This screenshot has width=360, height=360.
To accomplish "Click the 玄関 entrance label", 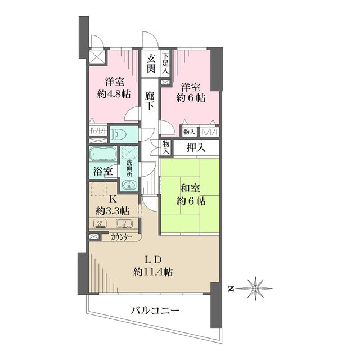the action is tap(151, 64).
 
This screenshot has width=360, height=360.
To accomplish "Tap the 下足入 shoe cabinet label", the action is tap(165, 64).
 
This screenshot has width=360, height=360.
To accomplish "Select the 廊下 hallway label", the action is tap(150, 101).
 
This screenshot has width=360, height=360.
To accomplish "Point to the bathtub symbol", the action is tap(103, 154).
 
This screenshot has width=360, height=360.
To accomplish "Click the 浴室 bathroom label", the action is tap(103, 171).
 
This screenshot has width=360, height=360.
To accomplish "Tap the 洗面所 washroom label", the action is tap(129, 168).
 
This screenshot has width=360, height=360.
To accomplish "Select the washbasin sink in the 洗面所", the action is tap(129, 184).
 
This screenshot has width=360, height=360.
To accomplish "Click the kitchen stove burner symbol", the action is tap(100, 223).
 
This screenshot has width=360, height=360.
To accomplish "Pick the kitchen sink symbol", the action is tap(124, 223).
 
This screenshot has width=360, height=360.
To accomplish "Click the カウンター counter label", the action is tap(121, 237).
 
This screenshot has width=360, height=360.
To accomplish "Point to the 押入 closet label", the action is tap(196, 148).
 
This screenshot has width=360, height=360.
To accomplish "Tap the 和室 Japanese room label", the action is tap(190, 188).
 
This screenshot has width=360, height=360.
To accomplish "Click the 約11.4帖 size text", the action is tap(153, 272).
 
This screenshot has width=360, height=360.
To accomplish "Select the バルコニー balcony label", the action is tap(155, 311).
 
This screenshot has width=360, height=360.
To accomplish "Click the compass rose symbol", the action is tap(255, 289).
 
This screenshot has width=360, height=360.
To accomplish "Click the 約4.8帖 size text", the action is tap(114, 94).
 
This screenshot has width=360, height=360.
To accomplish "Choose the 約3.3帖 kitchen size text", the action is tap(112, 211).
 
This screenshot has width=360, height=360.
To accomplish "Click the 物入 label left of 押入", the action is tap(166, 147).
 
